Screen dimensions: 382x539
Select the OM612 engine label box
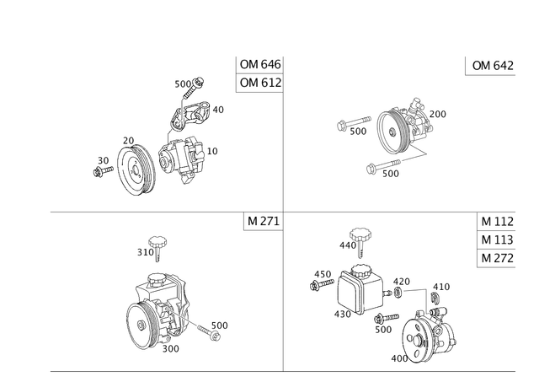coord(259,83)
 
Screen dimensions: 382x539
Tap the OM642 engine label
coord(490,67)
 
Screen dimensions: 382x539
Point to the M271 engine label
coord(262,222)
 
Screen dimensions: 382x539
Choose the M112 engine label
coord(496,222)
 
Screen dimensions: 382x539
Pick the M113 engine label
coord(496,240)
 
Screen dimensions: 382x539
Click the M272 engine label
coord(496,258)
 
